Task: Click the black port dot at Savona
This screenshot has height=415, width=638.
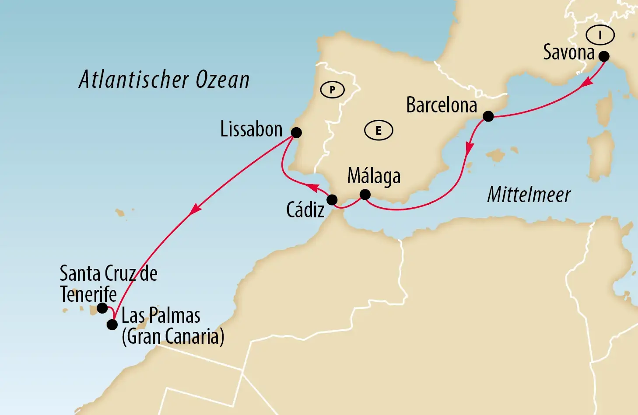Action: [604, 56]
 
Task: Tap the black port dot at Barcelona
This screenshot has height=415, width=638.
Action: [488, 116]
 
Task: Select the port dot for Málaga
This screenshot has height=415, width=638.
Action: [365, 194]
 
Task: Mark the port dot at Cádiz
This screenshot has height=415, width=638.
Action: [332, 200]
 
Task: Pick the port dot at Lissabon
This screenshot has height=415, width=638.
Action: [296, 133]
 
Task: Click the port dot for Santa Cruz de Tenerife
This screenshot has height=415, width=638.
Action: [102, 308]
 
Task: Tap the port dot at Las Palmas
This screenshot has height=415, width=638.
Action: [112, 324]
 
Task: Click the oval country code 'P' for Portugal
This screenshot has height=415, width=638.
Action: [332, 90]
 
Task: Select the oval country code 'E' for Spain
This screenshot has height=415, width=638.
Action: [379, 130]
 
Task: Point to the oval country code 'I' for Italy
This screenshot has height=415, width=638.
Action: [600, 35]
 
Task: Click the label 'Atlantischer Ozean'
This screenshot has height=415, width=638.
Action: [164, 80]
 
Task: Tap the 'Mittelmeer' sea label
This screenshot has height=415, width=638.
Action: [529, 195]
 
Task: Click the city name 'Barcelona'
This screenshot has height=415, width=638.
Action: [441, 105]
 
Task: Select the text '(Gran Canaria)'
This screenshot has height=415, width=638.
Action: [173, 336]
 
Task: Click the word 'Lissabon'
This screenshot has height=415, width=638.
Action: [251, 129]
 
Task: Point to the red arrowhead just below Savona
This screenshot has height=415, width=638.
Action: [587, 84]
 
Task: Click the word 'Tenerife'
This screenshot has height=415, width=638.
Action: [88, 294]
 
